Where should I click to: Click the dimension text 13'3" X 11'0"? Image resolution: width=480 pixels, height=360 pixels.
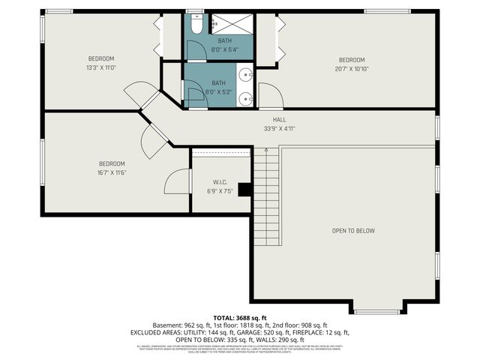click(101, 67)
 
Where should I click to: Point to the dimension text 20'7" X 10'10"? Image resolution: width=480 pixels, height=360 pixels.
click(351, 69)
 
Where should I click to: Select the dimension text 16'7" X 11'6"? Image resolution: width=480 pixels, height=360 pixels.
click(112, 172)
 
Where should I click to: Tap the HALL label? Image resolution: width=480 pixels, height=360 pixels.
click(279, 119)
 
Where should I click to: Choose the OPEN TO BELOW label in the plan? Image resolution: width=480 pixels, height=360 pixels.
click(353, 231)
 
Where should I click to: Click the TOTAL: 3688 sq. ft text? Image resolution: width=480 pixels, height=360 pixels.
click(240, 317)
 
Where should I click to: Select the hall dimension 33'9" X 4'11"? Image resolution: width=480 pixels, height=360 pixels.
click(279, 128)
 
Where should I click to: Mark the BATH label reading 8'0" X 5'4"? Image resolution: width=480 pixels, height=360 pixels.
click(225, 40)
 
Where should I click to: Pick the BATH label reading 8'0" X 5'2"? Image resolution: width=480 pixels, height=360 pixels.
click(218, 83)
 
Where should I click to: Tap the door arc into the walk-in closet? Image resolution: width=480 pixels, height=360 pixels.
click(177, 182)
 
